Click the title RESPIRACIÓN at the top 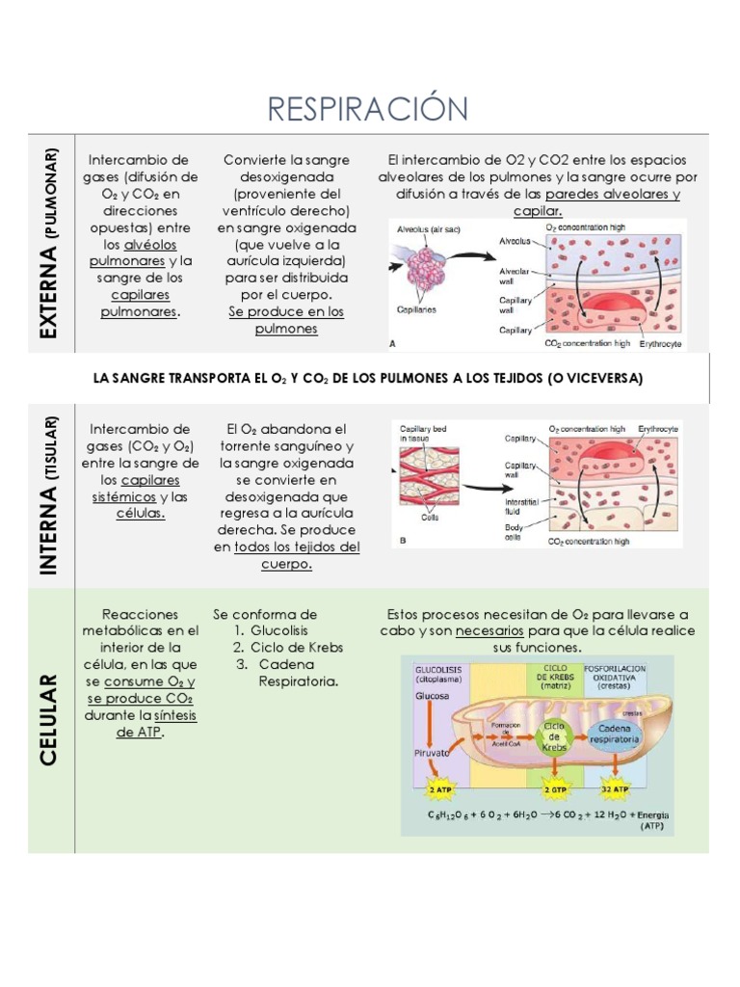(369, 108)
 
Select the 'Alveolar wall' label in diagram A (514, 278)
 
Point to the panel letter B (402, 541)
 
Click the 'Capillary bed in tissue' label (423, 432)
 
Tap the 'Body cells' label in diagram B (514, 533)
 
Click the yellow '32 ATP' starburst (614, 787)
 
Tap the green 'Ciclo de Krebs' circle (553, 736)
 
